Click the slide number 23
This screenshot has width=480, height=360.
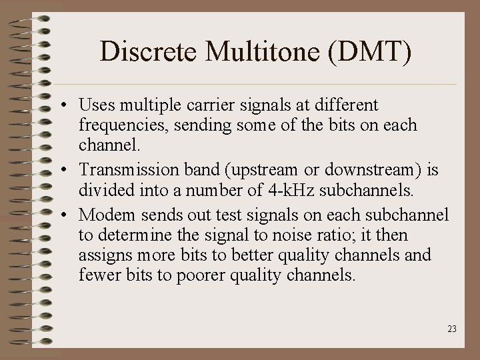coord(452,329)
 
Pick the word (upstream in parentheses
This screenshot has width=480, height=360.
coord(253,171)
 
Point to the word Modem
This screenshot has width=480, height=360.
coord(101,215)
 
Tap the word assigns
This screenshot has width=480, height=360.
coord(102,255)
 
